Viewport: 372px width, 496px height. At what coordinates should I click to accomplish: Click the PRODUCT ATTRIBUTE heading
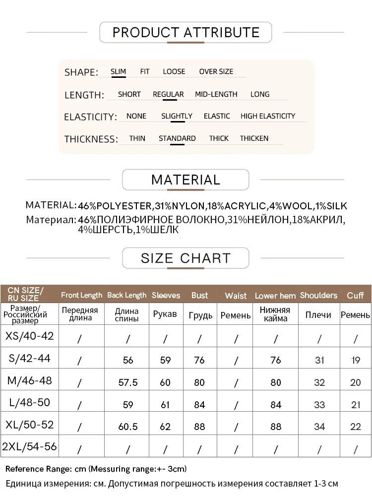186,33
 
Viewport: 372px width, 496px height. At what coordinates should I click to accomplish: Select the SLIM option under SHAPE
118,71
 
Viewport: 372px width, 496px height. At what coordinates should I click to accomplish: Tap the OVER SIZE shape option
216,71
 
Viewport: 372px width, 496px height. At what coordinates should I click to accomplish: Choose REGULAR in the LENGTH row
168,94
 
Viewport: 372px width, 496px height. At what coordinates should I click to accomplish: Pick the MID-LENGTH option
216,94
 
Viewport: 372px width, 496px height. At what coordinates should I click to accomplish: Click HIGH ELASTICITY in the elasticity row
268,116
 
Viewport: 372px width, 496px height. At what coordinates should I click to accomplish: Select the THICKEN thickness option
254,138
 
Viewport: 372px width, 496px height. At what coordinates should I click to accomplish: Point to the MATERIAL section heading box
186,180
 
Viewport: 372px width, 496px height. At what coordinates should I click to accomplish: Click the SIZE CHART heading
186,258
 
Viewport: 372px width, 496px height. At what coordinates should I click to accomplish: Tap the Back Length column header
127,295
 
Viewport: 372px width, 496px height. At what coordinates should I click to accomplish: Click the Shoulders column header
318,295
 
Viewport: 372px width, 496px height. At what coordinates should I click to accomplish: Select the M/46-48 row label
29,381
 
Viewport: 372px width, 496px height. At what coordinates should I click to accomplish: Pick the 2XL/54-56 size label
29,446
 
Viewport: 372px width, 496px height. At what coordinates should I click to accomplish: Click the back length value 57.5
128,382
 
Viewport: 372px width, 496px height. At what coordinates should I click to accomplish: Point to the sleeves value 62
165,426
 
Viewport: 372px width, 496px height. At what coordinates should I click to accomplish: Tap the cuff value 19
356,360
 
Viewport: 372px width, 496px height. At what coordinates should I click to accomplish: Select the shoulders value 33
319,404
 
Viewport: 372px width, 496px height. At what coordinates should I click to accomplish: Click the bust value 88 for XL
199,426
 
